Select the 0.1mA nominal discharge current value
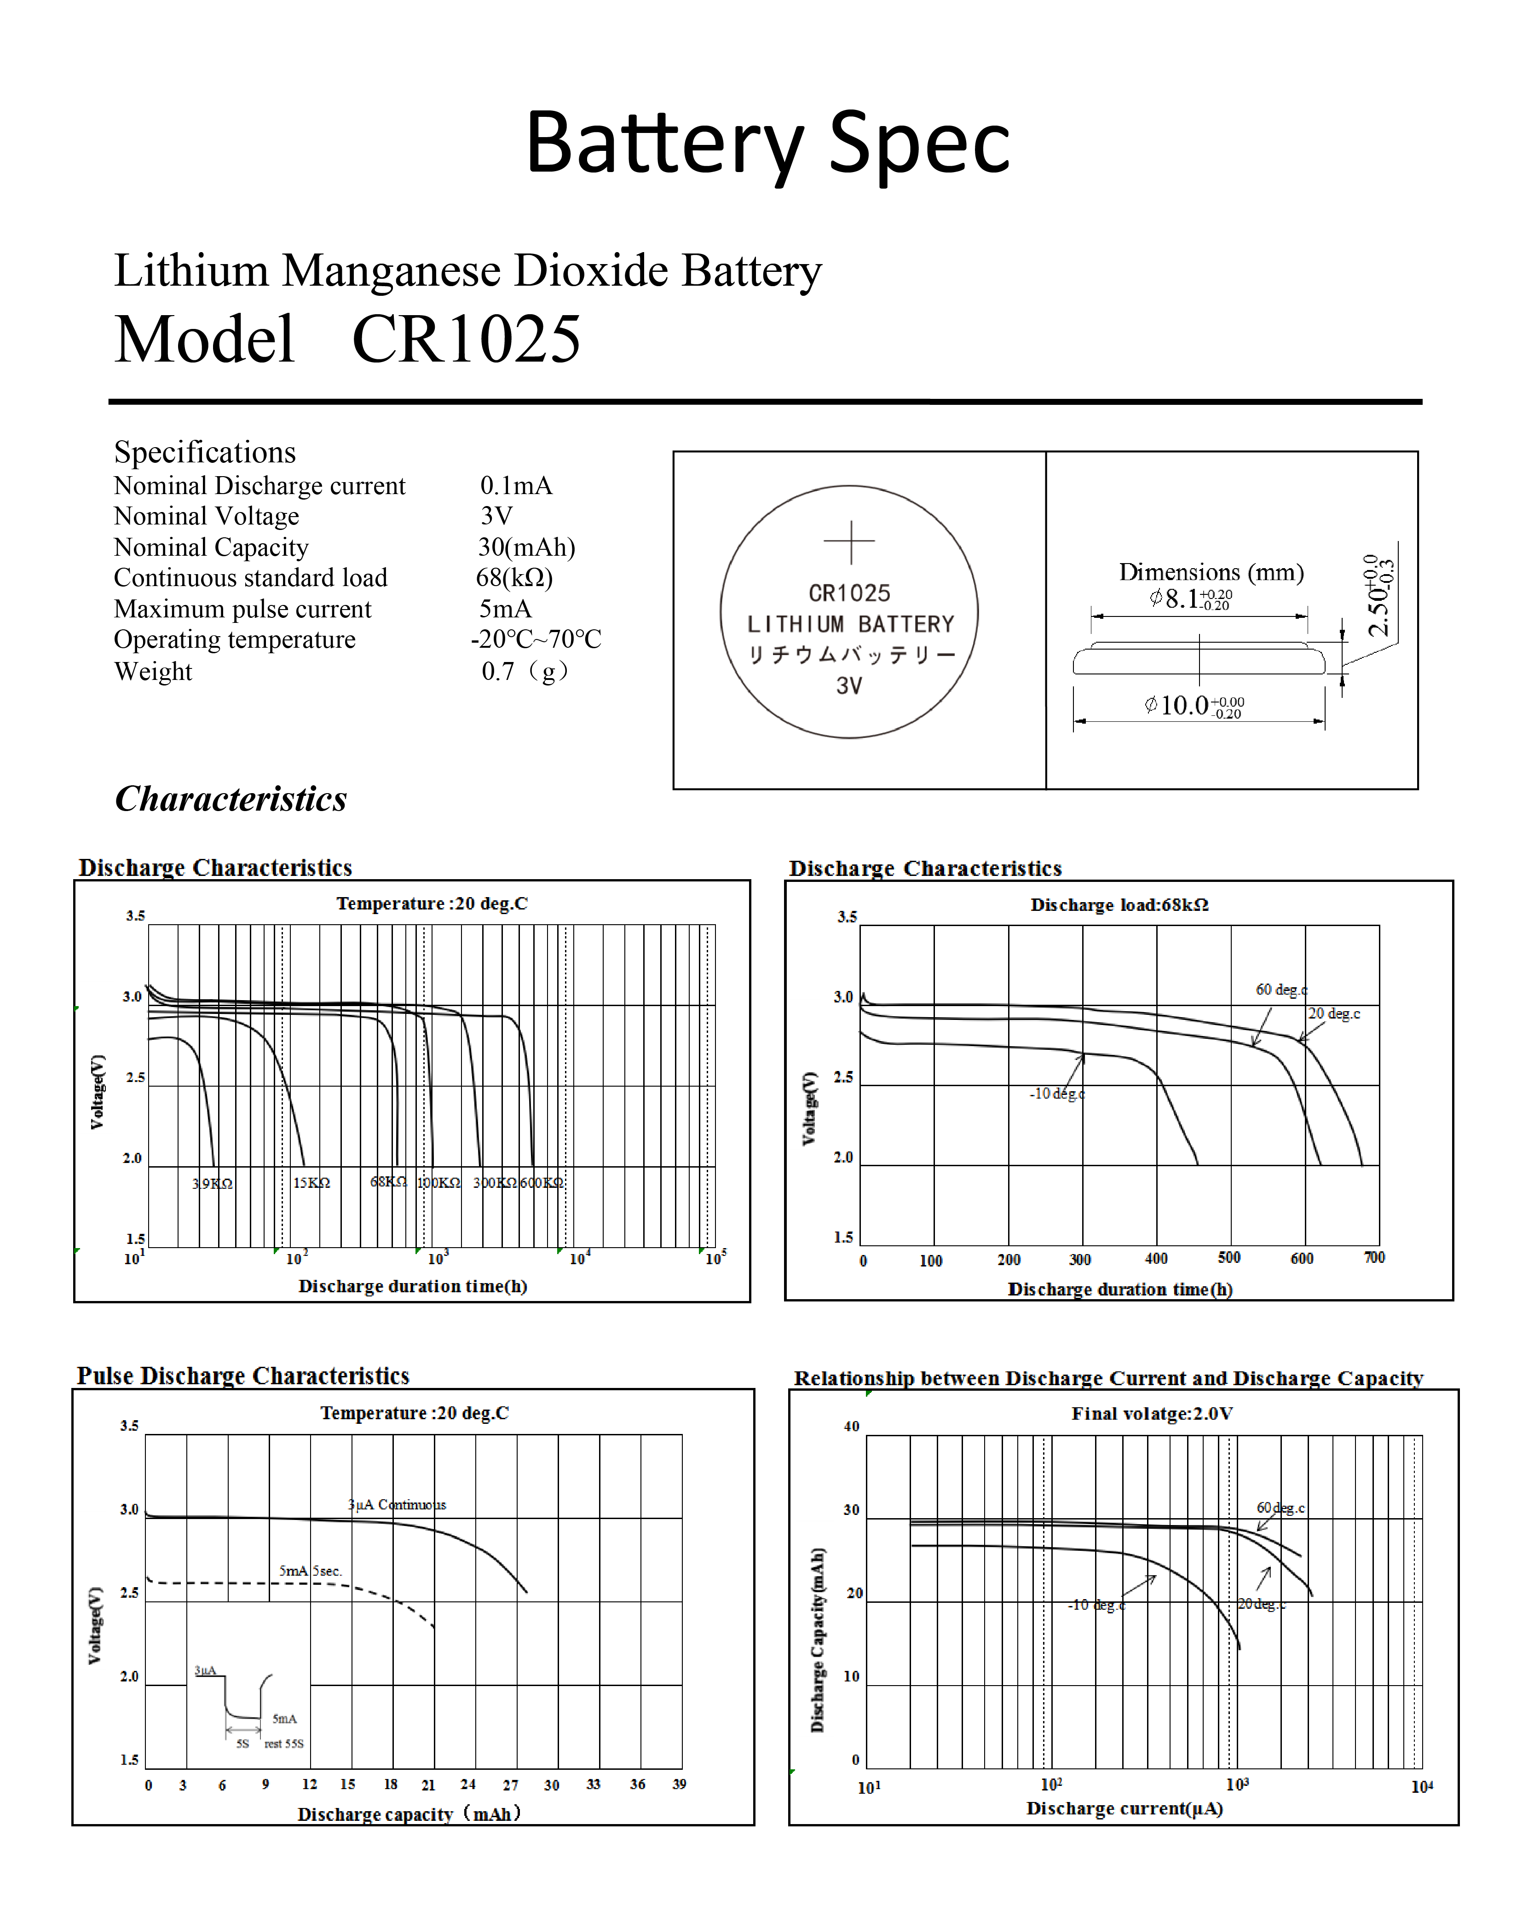[516, 485]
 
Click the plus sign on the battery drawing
[849, 541]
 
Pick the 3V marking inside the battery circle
[849, 685]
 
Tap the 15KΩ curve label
[311, 1183]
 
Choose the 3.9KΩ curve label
[213, 1183]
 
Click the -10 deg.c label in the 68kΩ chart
[1056, 1094]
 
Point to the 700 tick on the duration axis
[1374, 1257]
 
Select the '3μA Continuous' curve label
[397, 1504]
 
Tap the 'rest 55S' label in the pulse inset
[284, 1744]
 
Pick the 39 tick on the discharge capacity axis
[680, 1784]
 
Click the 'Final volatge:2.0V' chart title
[1152, 1414]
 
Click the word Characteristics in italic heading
[231, 799]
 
